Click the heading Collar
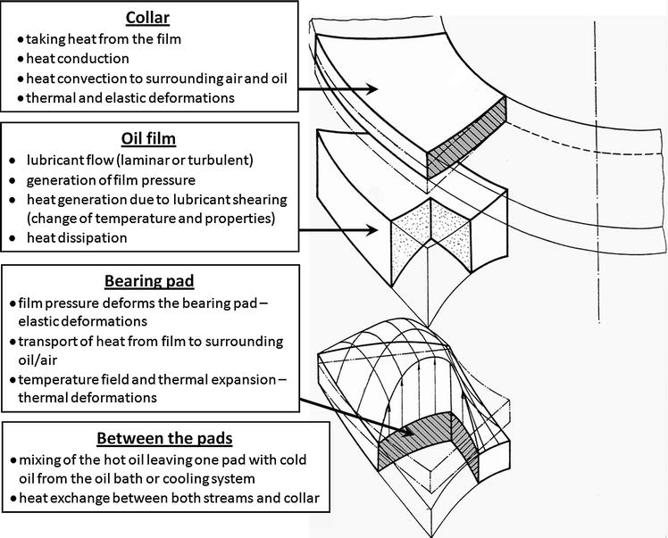click(x=147, y=18)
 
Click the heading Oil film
click(x=147, y=138)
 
